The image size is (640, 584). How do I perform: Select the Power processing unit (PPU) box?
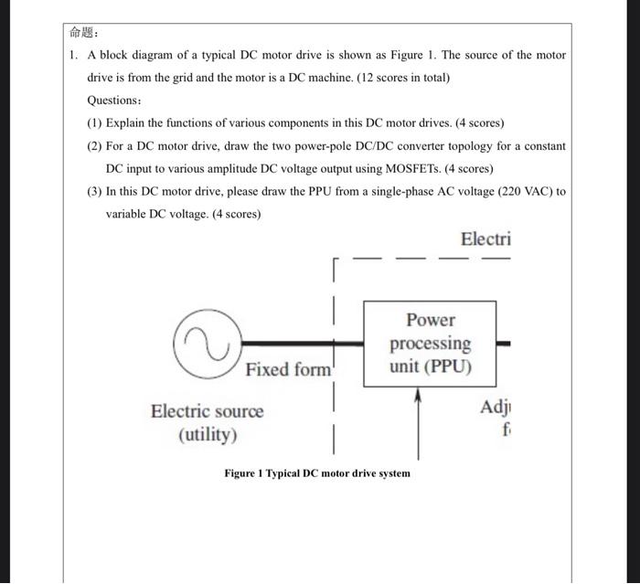(430, 344)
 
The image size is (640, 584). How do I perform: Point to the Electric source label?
(207, 411)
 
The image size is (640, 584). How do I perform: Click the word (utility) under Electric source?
(207, 434)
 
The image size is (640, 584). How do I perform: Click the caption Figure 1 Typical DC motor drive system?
(317, 473)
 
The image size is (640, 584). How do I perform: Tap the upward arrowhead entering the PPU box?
(419, 396)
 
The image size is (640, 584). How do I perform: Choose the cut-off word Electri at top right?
(485, 239)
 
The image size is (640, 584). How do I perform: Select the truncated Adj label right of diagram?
(495, 408)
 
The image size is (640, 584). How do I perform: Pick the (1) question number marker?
(95, 123)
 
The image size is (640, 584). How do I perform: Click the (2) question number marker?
(95, 146)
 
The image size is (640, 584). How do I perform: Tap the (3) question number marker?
(95, 192)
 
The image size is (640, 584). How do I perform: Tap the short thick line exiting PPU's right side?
(503, 345)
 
